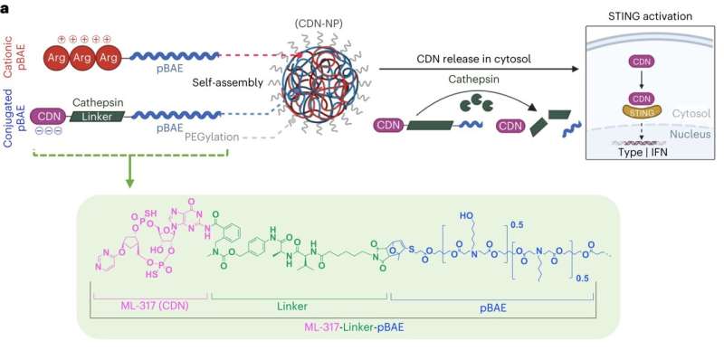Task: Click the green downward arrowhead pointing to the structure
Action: [x=130, y=185]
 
